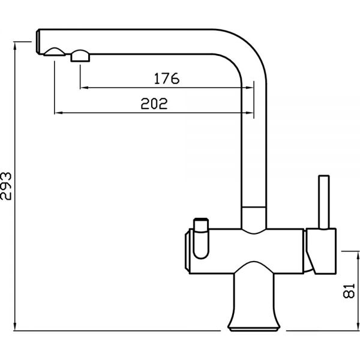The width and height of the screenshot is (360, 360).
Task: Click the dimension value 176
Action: [167, 78]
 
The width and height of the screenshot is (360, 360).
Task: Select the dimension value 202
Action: [154, 104]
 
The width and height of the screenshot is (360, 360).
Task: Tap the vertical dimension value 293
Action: [6, 186]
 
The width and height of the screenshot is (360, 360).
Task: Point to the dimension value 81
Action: [349, 291]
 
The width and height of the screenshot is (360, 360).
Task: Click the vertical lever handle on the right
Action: [324, 202]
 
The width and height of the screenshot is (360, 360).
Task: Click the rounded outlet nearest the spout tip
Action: [55, 52]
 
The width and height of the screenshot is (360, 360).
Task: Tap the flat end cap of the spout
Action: [38, 41]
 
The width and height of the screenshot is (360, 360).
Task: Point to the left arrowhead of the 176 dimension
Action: [83, 88]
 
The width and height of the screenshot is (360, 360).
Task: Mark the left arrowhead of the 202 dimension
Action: [58, 113]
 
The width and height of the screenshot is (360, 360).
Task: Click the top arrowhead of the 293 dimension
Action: [15, 46]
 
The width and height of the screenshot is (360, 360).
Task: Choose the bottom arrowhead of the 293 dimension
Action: [15, 326]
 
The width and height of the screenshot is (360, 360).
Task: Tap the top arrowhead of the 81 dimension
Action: [358, 256]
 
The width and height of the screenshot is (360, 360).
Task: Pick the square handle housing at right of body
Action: [322, 251]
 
